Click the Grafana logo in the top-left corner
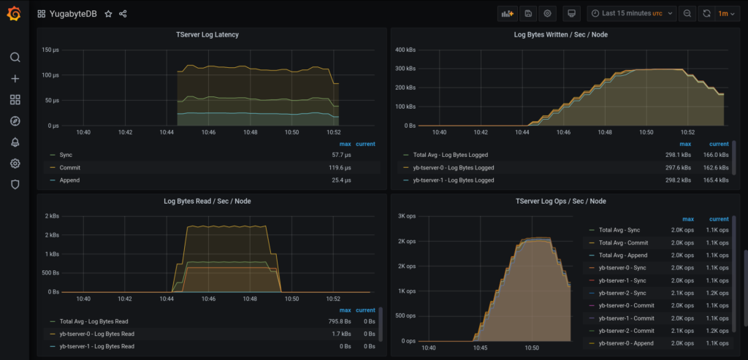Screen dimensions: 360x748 [x=14, y=13]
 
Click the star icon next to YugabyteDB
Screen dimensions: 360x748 [x=108, y=14]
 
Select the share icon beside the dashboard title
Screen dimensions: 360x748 [x=123, y=14]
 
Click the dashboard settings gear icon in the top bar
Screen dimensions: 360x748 [x=548, y=13]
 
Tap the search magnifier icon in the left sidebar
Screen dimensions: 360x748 [x=15, y=58]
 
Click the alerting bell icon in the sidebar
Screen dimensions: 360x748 [x=15, y=142]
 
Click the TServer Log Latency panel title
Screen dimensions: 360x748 [x=207, y=34]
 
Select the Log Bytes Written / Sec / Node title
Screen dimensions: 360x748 [x=560, y=34]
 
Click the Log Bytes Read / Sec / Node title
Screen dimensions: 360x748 [x=207, y=201]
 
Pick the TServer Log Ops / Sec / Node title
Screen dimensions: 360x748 [x=560, y=201]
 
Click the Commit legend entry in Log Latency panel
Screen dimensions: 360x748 [x=70, y=167]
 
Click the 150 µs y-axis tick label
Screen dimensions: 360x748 [x=50, y=50]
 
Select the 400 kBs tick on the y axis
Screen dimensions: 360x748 [x=405, y=50]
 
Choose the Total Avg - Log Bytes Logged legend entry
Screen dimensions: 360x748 [x=451, y=155]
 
